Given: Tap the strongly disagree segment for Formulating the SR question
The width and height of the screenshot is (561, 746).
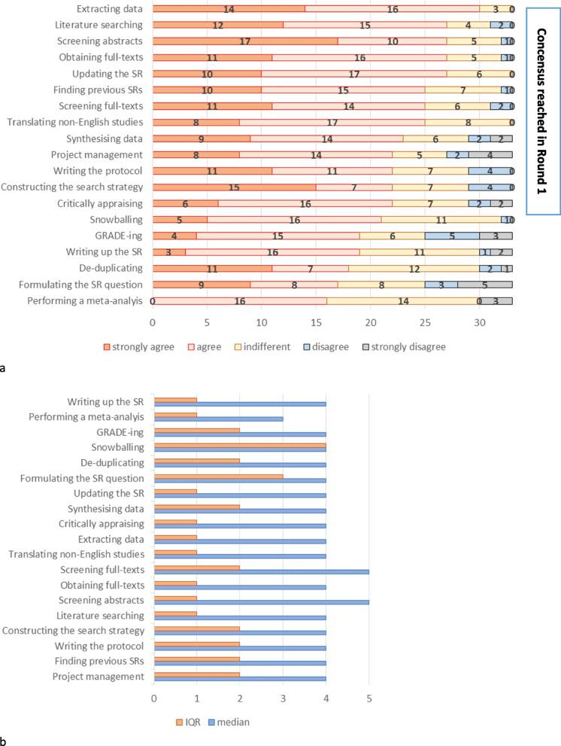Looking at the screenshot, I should point(485,285).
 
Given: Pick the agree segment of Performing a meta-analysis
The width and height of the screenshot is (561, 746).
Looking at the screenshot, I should point(240,301).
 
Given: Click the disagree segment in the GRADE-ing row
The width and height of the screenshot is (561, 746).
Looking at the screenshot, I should point(452,236).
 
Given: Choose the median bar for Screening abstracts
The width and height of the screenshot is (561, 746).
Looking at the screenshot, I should point(261,601).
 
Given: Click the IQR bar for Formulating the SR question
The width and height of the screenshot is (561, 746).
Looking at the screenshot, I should point(218,476).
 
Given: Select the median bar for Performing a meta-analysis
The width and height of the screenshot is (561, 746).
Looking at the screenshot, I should point(218,419).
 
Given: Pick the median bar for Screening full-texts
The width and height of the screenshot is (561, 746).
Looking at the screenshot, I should point(261,571).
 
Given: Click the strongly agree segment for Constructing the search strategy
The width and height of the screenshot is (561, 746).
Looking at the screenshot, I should point(234,187).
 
